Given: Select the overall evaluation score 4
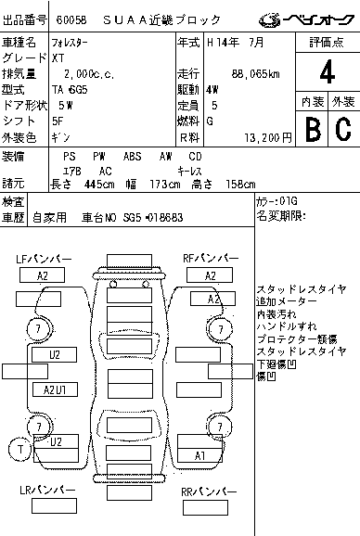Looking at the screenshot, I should (x=327, y=71).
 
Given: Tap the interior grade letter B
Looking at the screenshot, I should (x=313, y=128).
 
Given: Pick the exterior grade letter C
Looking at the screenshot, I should (x=341, y=128).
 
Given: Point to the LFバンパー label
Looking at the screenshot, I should (x=43, y=257).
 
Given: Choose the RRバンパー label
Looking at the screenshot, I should (x=209, y=490).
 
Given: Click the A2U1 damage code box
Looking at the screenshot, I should (x=55, y=389).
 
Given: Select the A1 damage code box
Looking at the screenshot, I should (x=199, y=455).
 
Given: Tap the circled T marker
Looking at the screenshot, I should (x=18, y=450).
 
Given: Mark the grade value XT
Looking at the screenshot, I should (x=58, y=57).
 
